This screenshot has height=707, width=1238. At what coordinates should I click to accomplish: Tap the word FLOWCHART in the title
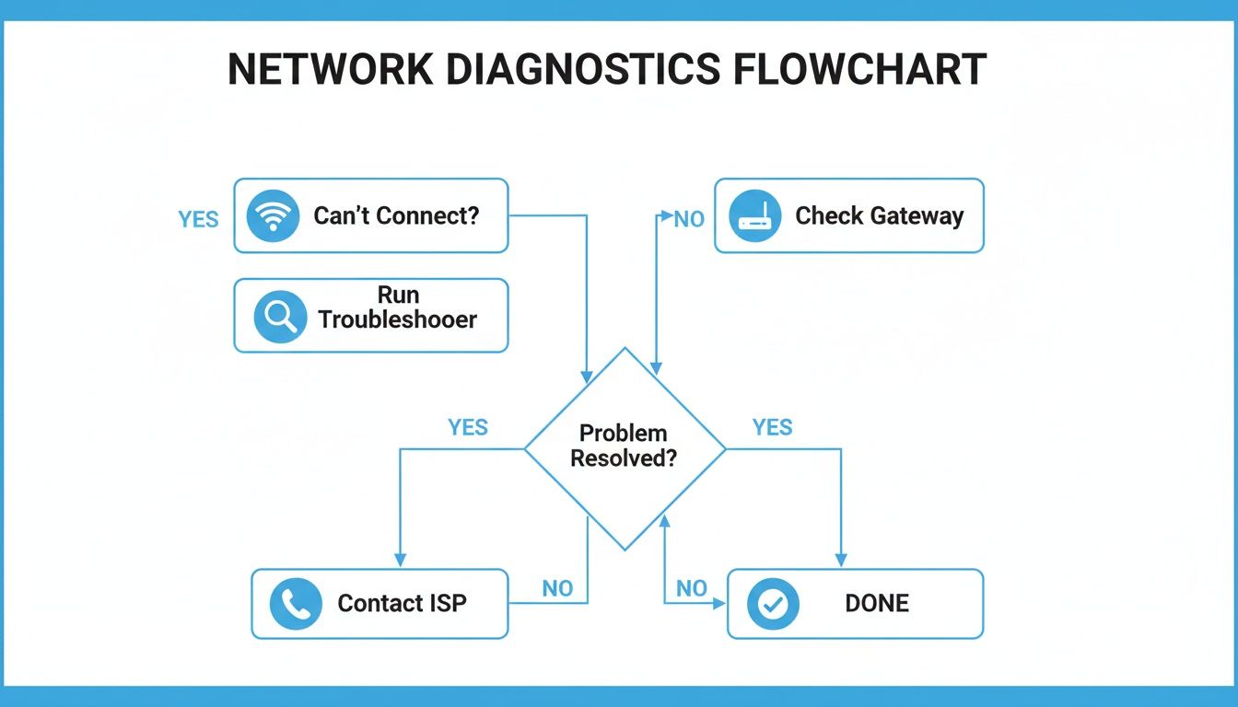[860, 71]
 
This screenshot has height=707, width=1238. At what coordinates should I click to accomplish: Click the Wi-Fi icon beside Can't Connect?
[274, 216]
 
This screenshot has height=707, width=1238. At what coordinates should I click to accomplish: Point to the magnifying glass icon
[279, 317]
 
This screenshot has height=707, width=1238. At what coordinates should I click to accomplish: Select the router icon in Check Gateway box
[754, 217]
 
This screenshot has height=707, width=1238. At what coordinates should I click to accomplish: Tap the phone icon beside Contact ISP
[296, 604]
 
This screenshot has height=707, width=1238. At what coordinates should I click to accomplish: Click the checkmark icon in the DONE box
[772, 604]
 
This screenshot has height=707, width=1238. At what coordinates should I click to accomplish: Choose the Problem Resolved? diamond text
[624, 446]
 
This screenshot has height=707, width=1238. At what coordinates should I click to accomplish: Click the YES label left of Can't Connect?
[198, 219]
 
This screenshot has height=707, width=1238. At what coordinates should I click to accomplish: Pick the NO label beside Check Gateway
[689, 219]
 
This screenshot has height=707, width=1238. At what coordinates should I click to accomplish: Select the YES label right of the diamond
[772, 427]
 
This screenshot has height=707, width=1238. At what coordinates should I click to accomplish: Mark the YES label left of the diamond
[468, 427]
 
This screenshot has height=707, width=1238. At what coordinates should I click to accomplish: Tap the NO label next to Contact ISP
[557, 589]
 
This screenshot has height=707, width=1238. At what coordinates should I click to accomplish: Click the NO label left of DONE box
[691, 589]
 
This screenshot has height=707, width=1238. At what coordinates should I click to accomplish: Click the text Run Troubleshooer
[397, 307]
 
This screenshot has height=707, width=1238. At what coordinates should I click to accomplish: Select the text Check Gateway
[879, 216]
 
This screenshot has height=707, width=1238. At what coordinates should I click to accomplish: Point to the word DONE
[876, 604]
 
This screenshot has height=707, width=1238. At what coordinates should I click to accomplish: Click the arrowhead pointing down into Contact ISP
[400, 560]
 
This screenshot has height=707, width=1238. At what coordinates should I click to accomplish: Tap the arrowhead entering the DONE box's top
[841, 560]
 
